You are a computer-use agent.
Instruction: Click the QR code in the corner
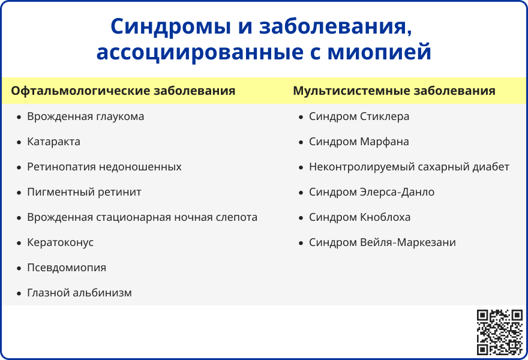tap(499, 332)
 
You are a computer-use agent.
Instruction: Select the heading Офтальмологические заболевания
tap(123, 91)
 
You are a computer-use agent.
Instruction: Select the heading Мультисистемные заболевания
tap(394, 91)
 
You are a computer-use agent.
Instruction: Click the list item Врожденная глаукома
tap(85, 116)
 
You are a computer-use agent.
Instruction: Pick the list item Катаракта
tap(53, 142)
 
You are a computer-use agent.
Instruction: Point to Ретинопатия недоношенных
tap(104, 167)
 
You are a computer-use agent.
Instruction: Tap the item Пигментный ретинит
tap(84, 192)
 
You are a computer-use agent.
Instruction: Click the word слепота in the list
tap(234, 217)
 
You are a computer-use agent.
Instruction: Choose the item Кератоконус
tap(60, 242)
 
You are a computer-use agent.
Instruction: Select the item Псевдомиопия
tap(66, 268)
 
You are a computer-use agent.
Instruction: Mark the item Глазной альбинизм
tap(79, 293)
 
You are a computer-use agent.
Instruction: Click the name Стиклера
tap(385, 116)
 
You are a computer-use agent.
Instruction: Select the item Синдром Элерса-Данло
tap(371, 192)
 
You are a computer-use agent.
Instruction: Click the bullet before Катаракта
tap(19, 142)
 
